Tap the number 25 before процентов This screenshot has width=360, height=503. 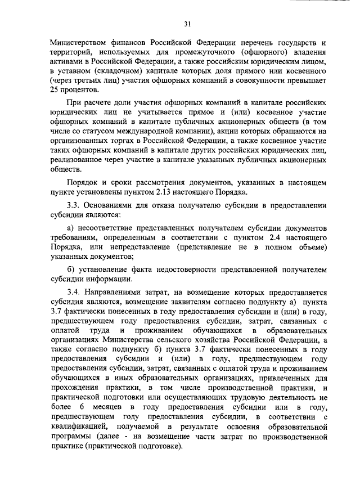(x=55, y=91)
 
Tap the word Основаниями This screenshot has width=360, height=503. (x=111, y=206)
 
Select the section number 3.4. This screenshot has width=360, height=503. (x=75, y=292)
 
